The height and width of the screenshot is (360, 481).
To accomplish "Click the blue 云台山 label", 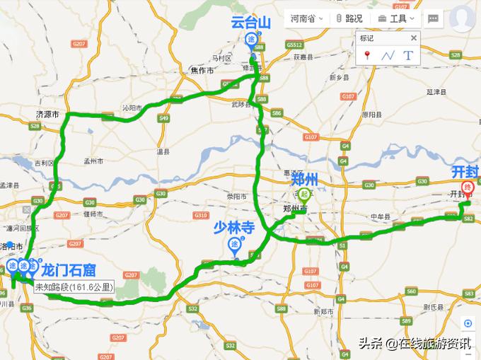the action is (250, 22).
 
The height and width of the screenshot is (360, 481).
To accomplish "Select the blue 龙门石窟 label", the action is (69, 269).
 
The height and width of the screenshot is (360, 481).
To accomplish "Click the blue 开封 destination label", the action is (465, 171).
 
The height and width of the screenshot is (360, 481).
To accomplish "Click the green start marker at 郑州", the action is (305, 194).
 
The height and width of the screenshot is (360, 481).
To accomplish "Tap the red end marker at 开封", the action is (466, 188).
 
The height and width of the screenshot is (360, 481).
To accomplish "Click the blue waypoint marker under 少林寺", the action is (234, 245).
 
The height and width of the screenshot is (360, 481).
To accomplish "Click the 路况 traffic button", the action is (349, 18).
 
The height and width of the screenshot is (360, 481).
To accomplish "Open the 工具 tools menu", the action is (398, 18).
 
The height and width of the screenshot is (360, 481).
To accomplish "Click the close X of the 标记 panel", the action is (414, 37).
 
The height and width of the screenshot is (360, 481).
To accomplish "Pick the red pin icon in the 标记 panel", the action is (367, 55).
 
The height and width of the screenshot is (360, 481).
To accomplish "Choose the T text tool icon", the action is (407, 55).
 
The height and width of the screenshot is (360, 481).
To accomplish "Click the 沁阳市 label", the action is (132, 108).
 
